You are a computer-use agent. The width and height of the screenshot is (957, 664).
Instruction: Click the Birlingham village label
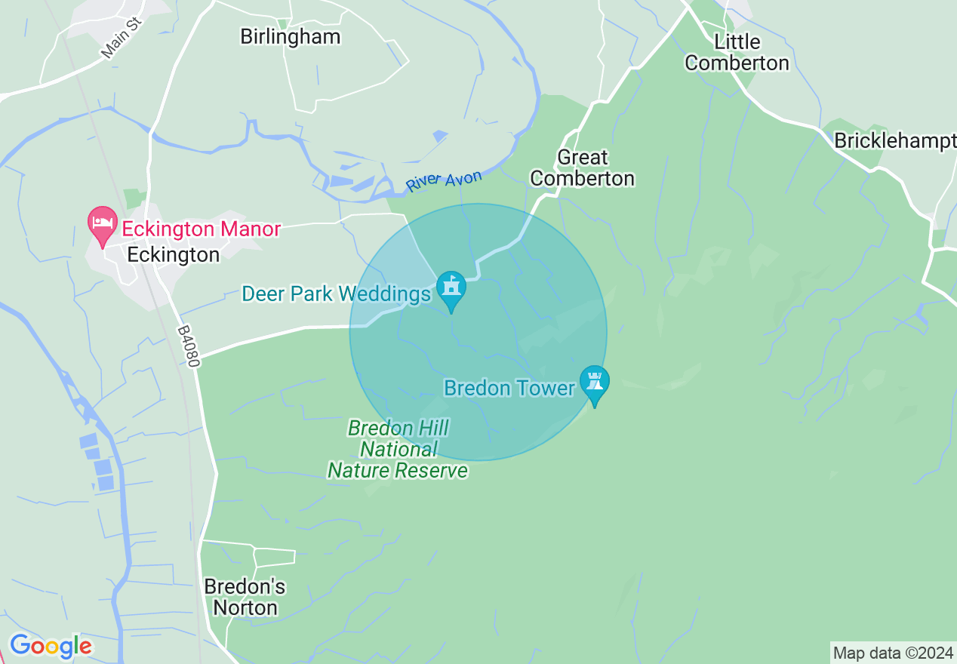click(290, 36)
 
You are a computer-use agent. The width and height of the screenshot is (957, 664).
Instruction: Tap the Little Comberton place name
click(737, 52)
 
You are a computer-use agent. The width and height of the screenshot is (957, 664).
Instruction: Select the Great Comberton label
click(582, 168)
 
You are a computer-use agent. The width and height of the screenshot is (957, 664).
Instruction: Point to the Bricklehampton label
click(894, 140)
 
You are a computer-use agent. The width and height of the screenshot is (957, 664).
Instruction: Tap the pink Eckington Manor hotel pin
click(103, 224)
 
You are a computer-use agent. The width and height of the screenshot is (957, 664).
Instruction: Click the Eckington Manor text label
click(202, 229)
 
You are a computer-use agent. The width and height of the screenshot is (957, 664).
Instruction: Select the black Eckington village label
click(173, 255)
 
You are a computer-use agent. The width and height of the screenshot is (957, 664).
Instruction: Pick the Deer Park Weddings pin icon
click(451, 289)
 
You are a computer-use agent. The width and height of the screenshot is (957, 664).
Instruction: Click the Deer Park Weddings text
click(336, 294)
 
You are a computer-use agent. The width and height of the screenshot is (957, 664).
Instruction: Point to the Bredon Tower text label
click(509, 388)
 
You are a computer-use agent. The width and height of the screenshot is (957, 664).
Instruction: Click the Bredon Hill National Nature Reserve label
click(398, 450)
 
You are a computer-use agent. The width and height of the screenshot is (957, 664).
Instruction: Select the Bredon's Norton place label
click(245, 597)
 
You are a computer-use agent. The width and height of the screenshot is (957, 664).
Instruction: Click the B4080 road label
click(189, 346)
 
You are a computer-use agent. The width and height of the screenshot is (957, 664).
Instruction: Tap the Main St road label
click(121, 41)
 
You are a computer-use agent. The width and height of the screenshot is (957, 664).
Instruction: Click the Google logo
click(51, 646)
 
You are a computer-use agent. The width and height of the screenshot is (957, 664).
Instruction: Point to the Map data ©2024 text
click(893, 653)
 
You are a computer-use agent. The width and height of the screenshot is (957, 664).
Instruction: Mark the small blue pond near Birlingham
click(440, 136)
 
